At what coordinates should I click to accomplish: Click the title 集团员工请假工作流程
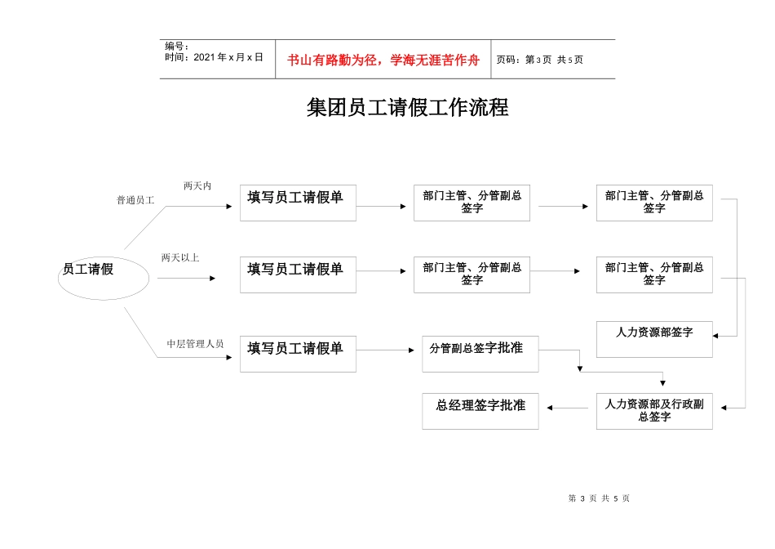(407, 108)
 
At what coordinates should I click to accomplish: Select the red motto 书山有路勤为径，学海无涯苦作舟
(383, 60)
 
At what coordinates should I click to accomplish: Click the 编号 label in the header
(177, 47)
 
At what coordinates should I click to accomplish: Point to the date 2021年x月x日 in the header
(215, 58)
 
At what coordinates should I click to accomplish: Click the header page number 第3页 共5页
(540, 60)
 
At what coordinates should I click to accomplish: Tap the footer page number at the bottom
(599, 498)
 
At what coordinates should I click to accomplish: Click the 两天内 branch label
(197, 186)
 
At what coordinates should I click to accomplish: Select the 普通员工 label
(135, 200)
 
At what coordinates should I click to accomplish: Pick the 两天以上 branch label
(180, 258)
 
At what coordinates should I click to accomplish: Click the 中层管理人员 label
(195, 344)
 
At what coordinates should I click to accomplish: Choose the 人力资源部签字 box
(654, 339)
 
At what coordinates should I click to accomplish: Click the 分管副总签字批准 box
(480, 354)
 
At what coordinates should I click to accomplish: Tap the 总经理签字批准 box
(480, 411)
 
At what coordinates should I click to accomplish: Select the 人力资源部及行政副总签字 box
(654, 411)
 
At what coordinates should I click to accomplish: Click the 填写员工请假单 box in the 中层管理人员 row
(298, 354)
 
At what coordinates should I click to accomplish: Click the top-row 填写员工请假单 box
(298, 203)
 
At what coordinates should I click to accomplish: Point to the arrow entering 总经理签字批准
(567, 408)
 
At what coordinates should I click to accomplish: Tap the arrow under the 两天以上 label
(186, 279)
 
